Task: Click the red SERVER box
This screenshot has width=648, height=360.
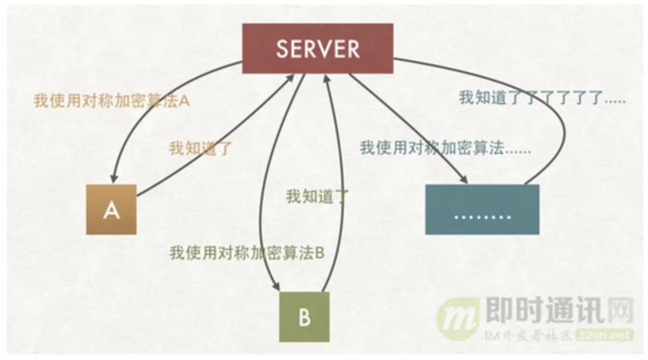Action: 318,49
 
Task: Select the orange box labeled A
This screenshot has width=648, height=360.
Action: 111,210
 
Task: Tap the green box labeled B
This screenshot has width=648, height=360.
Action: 304,317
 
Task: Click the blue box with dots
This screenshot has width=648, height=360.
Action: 483,210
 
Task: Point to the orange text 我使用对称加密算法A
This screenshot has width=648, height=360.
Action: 112,101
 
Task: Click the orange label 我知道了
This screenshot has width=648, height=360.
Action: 201,148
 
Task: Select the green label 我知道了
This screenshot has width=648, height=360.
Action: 318,196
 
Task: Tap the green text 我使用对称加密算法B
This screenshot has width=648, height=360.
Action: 247,253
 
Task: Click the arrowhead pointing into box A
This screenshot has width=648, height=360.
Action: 113,179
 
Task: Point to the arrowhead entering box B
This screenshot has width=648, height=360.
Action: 276,286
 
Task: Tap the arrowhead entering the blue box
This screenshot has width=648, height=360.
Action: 463,179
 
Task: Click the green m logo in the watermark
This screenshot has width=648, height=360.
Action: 458,319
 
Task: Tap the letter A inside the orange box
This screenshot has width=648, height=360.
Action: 111,211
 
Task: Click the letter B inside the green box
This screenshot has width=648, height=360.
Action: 304,318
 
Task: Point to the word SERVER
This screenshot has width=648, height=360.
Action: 318,49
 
